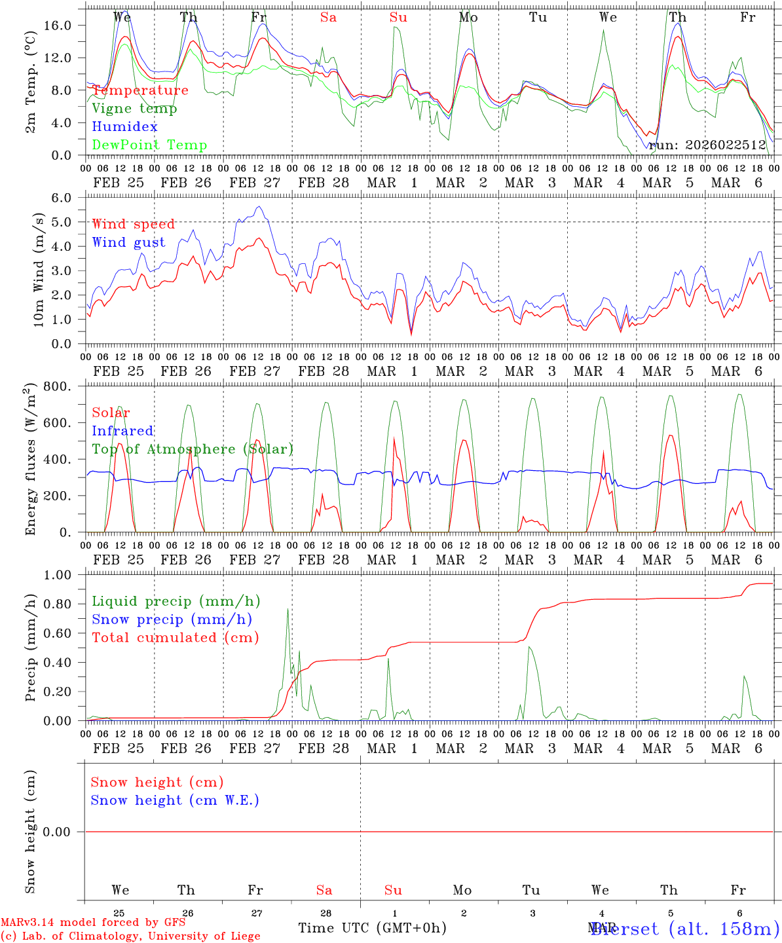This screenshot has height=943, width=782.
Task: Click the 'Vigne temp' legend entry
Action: pos(134,109)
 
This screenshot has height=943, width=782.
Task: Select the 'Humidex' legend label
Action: pos(125,127)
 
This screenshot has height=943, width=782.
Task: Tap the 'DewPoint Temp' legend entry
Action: pos(149,145)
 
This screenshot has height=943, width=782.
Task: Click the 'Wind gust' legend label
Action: pos(128,242)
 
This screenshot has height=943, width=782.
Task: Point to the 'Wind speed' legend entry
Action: pos(134,224)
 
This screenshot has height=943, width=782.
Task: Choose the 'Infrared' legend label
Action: pos(122,431)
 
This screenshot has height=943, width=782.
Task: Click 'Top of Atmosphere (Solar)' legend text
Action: pos(193,449)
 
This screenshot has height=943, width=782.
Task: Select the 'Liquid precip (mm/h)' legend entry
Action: pos(176,601)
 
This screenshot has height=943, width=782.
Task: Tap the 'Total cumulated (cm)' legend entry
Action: pos(176,637)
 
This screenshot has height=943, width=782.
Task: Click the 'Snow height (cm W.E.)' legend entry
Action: pos(175,800)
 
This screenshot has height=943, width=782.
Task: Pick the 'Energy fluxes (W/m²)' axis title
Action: pos(31,461)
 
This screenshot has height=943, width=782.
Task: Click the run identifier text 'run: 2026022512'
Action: pos(707,145)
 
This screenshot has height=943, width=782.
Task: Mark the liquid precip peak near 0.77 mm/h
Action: pos(288,609)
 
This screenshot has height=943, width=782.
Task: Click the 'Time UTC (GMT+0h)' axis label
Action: pos(372,927)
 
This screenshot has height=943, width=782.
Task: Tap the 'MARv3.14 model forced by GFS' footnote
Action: pos(93,922)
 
